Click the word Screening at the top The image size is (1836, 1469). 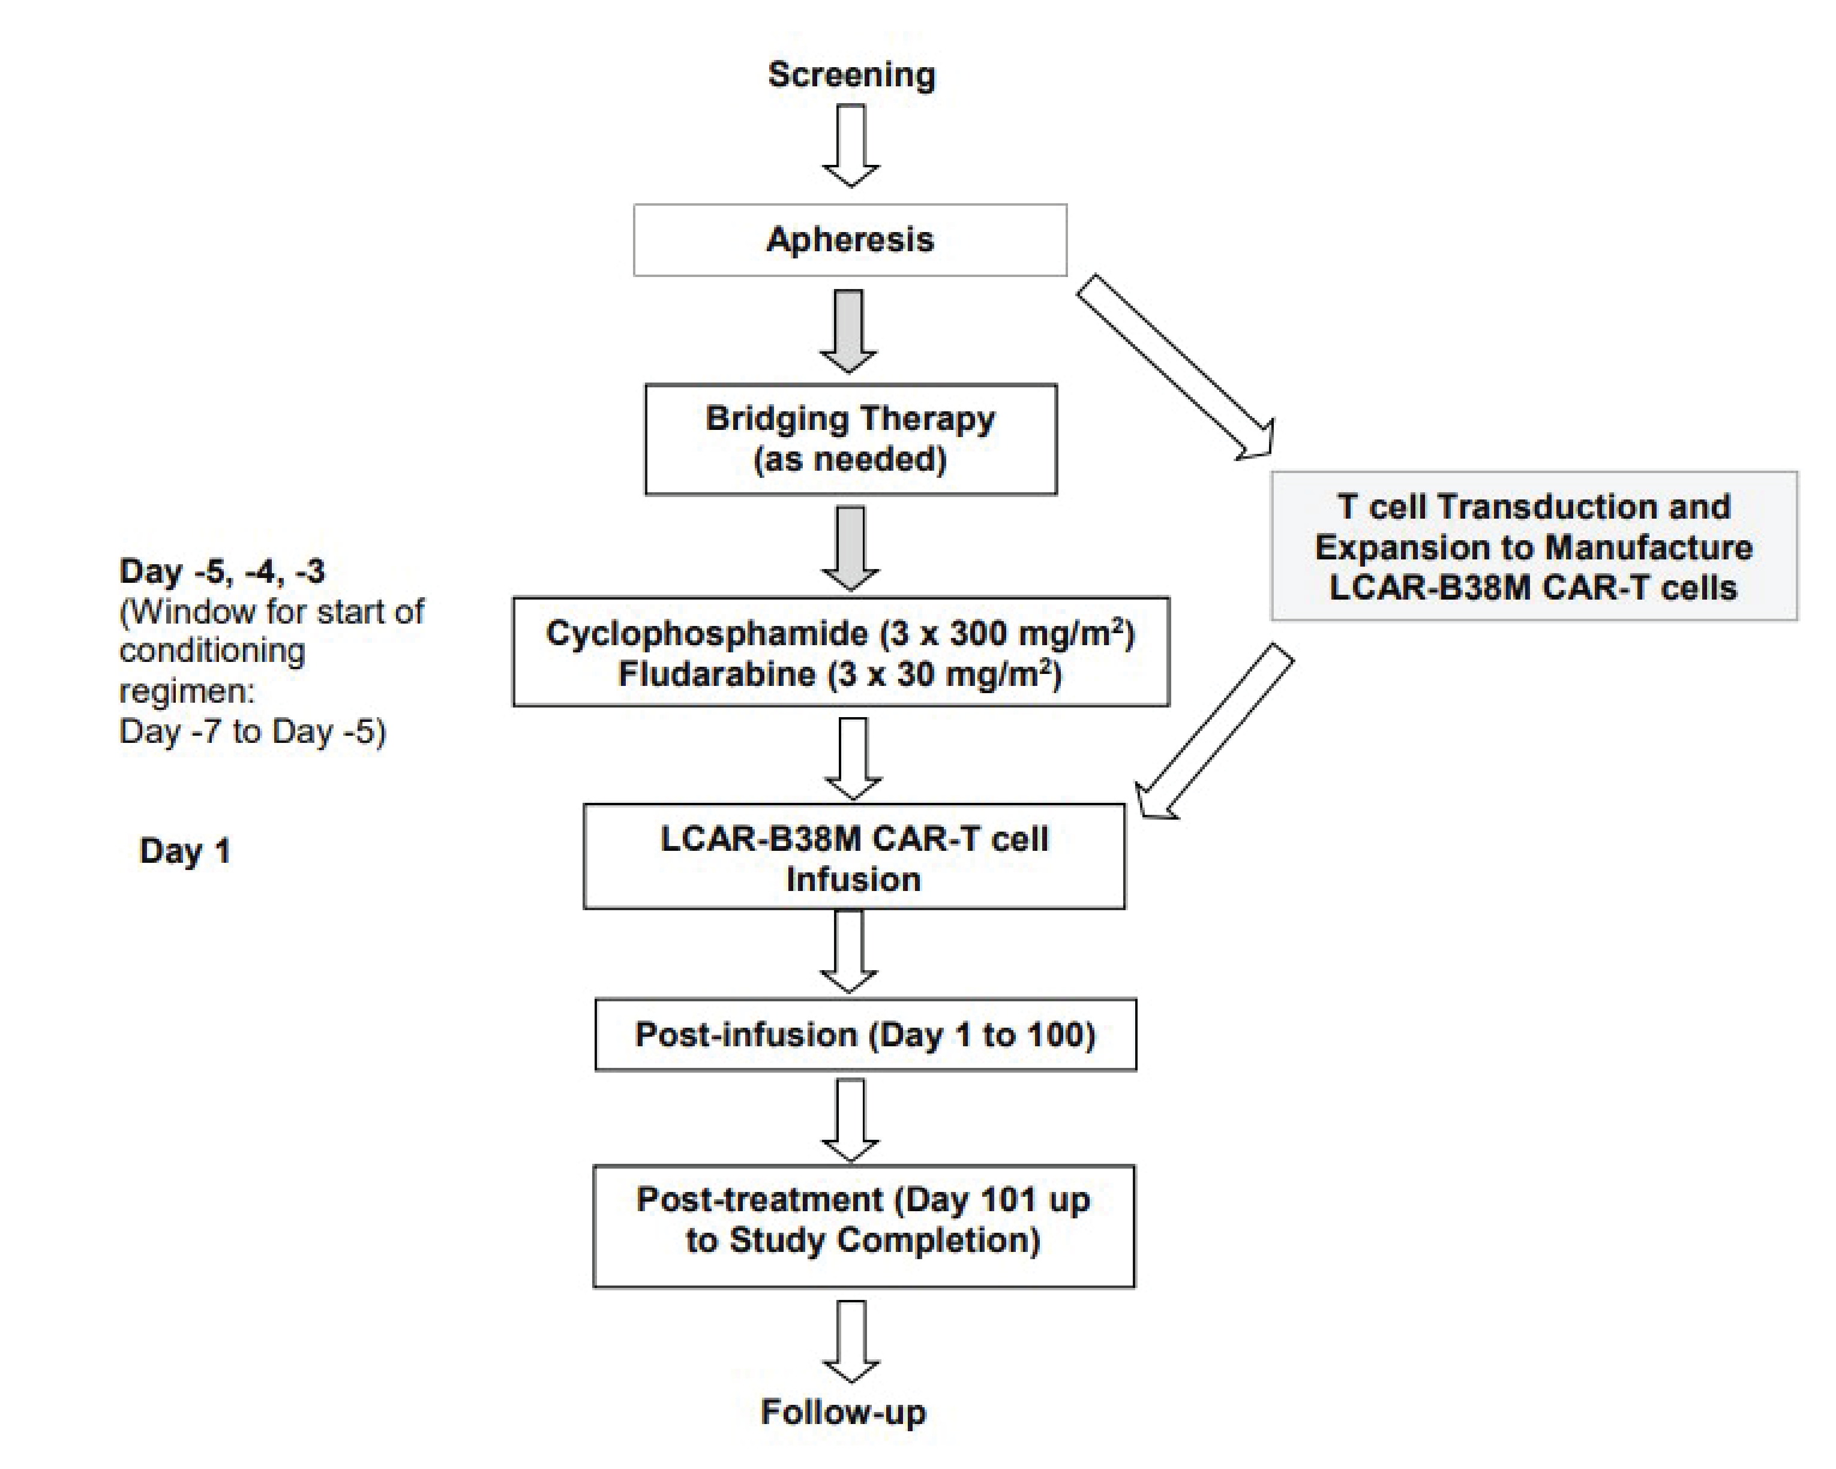[x=851, y=75]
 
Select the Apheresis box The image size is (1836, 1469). [x=850, y=240]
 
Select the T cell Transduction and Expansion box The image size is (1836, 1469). [x=1533, y=546]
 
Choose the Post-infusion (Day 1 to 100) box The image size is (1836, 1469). [x=865, y=1035]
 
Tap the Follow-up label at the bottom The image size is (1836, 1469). [x=843, y=1412]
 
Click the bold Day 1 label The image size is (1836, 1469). [x=185, y=851]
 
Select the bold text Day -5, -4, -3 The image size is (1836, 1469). [x=221, y=571]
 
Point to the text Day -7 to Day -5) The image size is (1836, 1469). [x=252, y=732]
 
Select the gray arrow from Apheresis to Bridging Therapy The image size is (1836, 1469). [x=848, y=330]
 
